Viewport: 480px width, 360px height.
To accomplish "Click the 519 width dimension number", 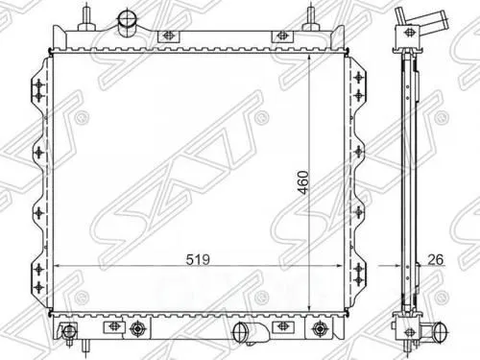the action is (x=198, y=259).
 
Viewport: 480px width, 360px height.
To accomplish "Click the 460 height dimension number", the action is (x=303, y=182).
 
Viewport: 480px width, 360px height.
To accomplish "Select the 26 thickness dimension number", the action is (x=436, y=259).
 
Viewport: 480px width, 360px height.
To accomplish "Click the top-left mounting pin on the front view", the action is (x=87, y=16).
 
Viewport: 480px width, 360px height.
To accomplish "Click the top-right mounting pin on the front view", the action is (x=311, y=16).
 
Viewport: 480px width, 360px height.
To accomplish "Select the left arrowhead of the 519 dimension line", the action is (x=57, y=266).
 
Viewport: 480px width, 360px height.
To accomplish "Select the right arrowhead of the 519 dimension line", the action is (x=339, y=266).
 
